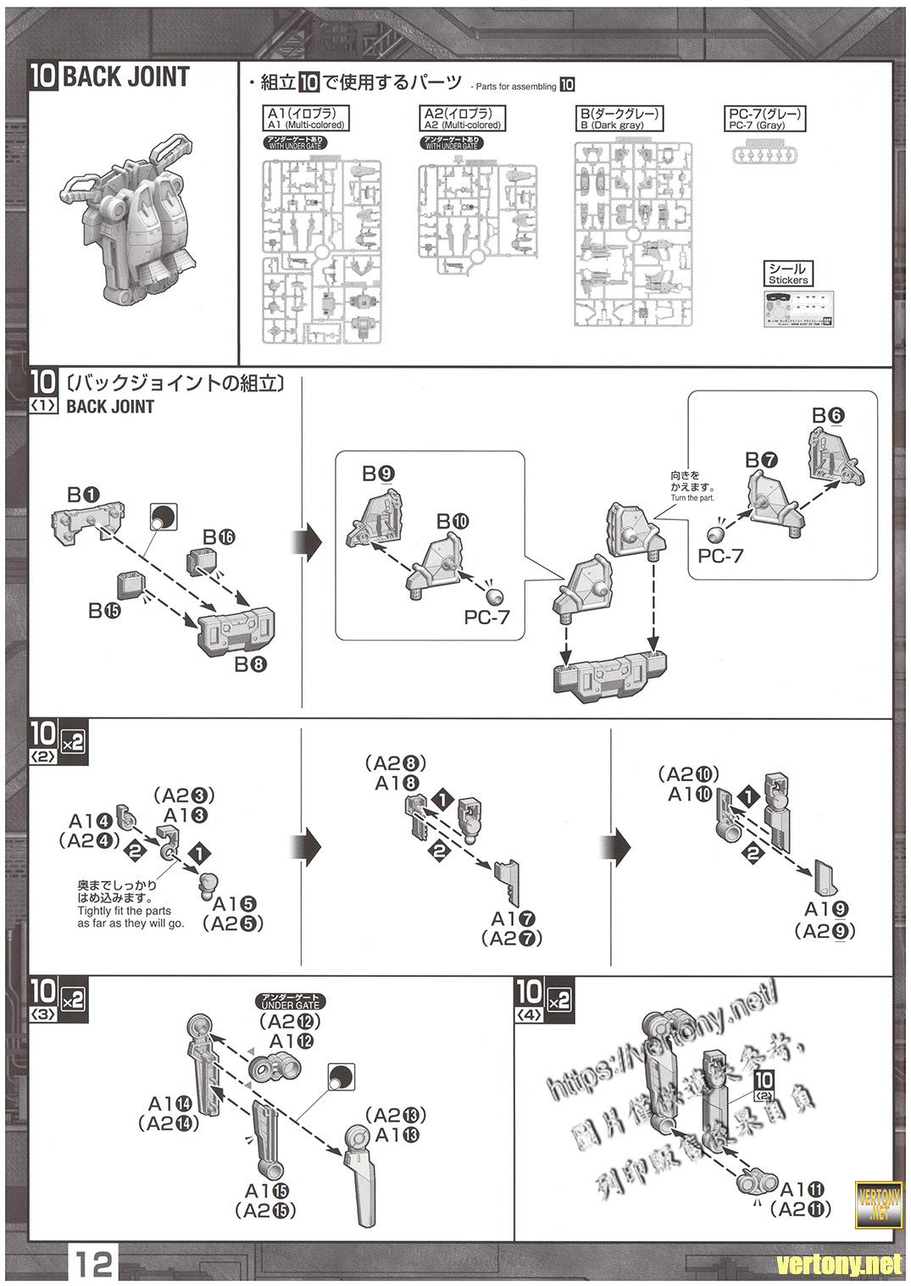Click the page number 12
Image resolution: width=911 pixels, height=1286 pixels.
(93, 1264)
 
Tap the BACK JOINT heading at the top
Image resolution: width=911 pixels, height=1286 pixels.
(125, 77)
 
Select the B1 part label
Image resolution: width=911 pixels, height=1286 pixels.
(85, 494)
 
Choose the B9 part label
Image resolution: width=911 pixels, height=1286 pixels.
(378, 474)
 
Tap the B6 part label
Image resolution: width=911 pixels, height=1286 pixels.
(828, 415)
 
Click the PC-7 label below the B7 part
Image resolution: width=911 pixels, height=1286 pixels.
(719, 556)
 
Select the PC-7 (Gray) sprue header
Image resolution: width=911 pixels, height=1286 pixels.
(764, 118)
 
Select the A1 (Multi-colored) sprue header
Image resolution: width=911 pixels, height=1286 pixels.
(306, 118)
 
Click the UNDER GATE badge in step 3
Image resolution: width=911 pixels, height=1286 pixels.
(291, 1000)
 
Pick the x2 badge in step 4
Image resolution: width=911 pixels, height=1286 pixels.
(558, 1001)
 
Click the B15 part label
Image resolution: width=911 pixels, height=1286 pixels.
(106, 610)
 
